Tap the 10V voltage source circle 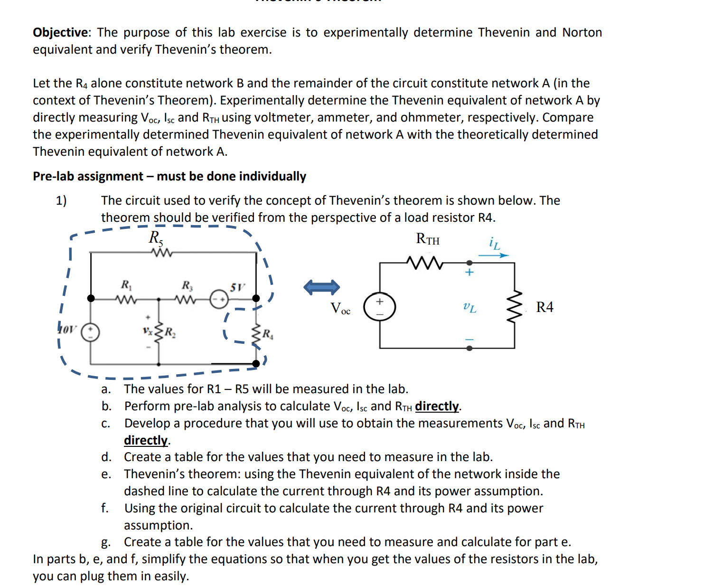click(90, 332)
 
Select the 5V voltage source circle click(219, 299)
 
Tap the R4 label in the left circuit click(268, 334)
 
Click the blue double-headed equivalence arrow click(322, 287)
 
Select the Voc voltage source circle click(380, 307)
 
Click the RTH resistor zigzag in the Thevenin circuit click(425, 263)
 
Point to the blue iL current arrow click(493, 255)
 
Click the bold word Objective click(60, 32)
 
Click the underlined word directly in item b click(437, 406)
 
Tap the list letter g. click(105, 542)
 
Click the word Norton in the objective click(582, 32)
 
